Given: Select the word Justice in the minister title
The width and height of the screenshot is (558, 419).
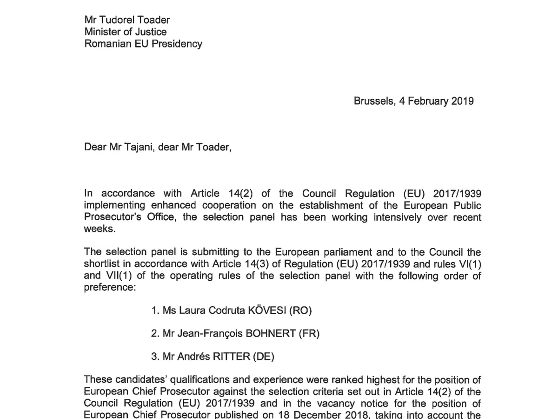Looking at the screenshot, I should point(150,32).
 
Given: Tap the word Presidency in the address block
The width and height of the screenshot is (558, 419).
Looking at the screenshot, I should point(179,44).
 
